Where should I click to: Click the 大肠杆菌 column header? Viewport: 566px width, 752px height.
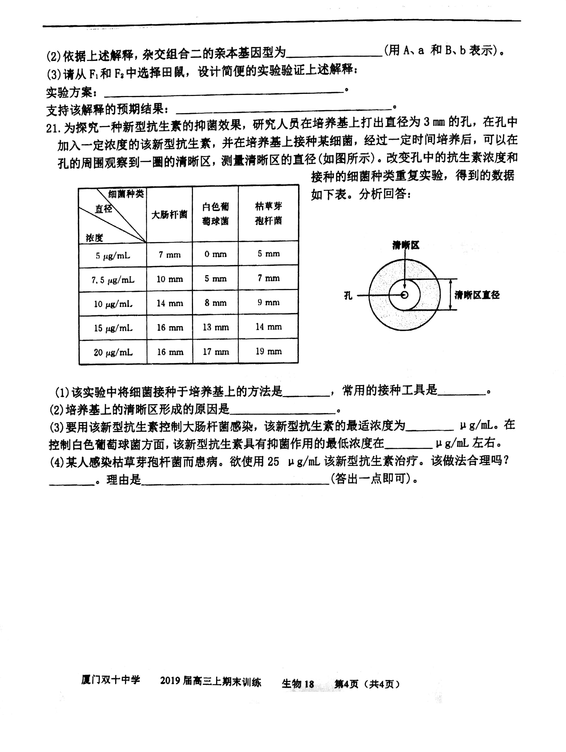coord(169,215)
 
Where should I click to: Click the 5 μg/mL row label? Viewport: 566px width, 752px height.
coord(113,255)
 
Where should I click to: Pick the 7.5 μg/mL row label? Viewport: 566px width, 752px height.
coord(113,280)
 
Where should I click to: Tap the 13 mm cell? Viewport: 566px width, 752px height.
coord(216,327)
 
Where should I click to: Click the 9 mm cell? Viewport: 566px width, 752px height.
coord(269,302)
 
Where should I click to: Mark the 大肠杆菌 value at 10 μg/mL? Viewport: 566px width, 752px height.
coord(169,303)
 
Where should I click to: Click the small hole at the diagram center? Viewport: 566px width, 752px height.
coord(404,295)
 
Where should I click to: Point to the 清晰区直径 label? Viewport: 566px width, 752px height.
coord(477,295)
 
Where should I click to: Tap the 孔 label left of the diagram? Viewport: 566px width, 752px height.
coord(348,295)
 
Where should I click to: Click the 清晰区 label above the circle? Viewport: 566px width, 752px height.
coord(405,245)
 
